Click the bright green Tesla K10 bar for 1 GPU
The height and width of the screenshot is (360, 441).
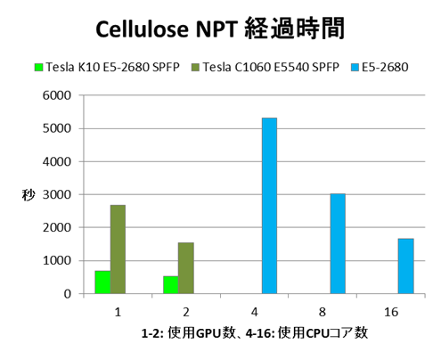point(102,282)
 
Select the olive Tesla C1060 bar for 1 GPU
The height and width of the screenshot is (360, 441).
point(118,250)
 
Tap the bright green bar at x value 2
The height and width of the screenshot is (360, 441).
point(171,285)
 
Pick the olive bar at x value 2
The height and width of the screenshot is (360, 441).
point(186,268)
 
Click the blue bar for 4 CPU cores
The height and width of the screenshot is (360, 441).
point(269,206)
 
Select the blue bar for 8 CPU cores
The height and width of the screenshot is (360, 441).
point(338,243)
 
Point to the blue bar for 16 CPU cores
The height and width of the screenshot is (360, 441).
point(406,266)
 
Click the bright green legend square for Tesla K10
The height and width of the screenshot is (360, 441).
point(38,67)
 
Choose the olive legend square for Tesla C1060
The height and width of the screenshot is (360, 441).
point(195,67)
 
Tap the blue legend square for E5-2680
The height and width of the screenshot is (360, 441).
point(355,67)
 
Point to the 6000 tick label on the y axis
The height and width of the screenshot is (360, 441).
point(57,95)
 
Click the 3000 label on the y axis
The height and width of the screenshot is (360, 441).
point(57,195)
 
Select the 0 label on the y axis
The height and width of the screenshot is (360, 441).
point(68,294)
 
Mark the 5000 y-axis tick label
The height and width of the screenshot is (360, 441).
point(57,128)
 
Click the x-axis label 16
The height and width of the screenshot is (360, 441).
point(391,312)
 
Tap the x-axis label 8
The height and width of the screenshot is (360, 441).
point(323,312)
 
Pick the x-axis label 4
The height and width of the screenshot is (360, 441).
point(254,312)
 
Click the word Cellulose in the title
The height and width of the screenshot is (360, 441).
point(143,29)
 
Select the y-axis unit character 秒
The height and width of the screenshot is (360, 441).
point(29,195)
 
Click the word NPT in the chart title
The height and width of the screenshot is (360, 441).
point(216,29)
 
